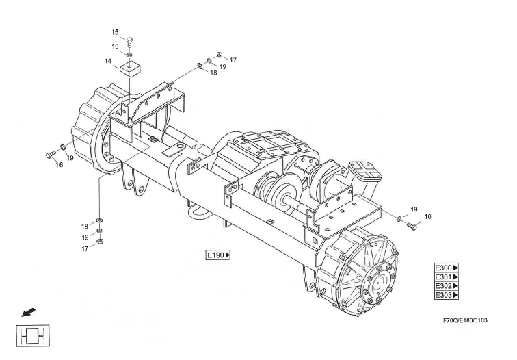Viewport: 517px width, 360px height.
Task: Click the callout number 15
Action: click(x=115, y=32)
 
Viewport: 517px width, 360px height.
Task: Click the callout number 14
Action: click(x=108, y=61)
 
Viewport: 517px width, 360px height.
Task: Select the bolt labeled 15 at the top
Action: click(x=129, y=42)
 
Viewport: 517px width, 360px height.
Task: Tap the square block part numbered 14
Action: click(x=130, y=68)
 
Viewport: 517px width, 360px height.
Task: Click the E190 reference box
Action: click(x=218, y=255)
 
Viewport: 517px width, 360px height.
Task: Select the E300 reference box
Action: click(x=447, y=268)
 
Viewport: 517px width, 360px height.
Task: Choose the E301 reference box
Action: click(x=447, y=277)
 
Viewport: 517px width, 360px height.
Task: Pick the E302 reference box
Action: click(x=447, y=286)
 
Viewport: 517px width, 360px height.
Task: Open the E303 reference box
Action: click(x=447, y=295)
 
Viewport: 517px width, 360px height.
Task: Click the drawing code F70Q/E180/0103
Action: click(x=465, y=320)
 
